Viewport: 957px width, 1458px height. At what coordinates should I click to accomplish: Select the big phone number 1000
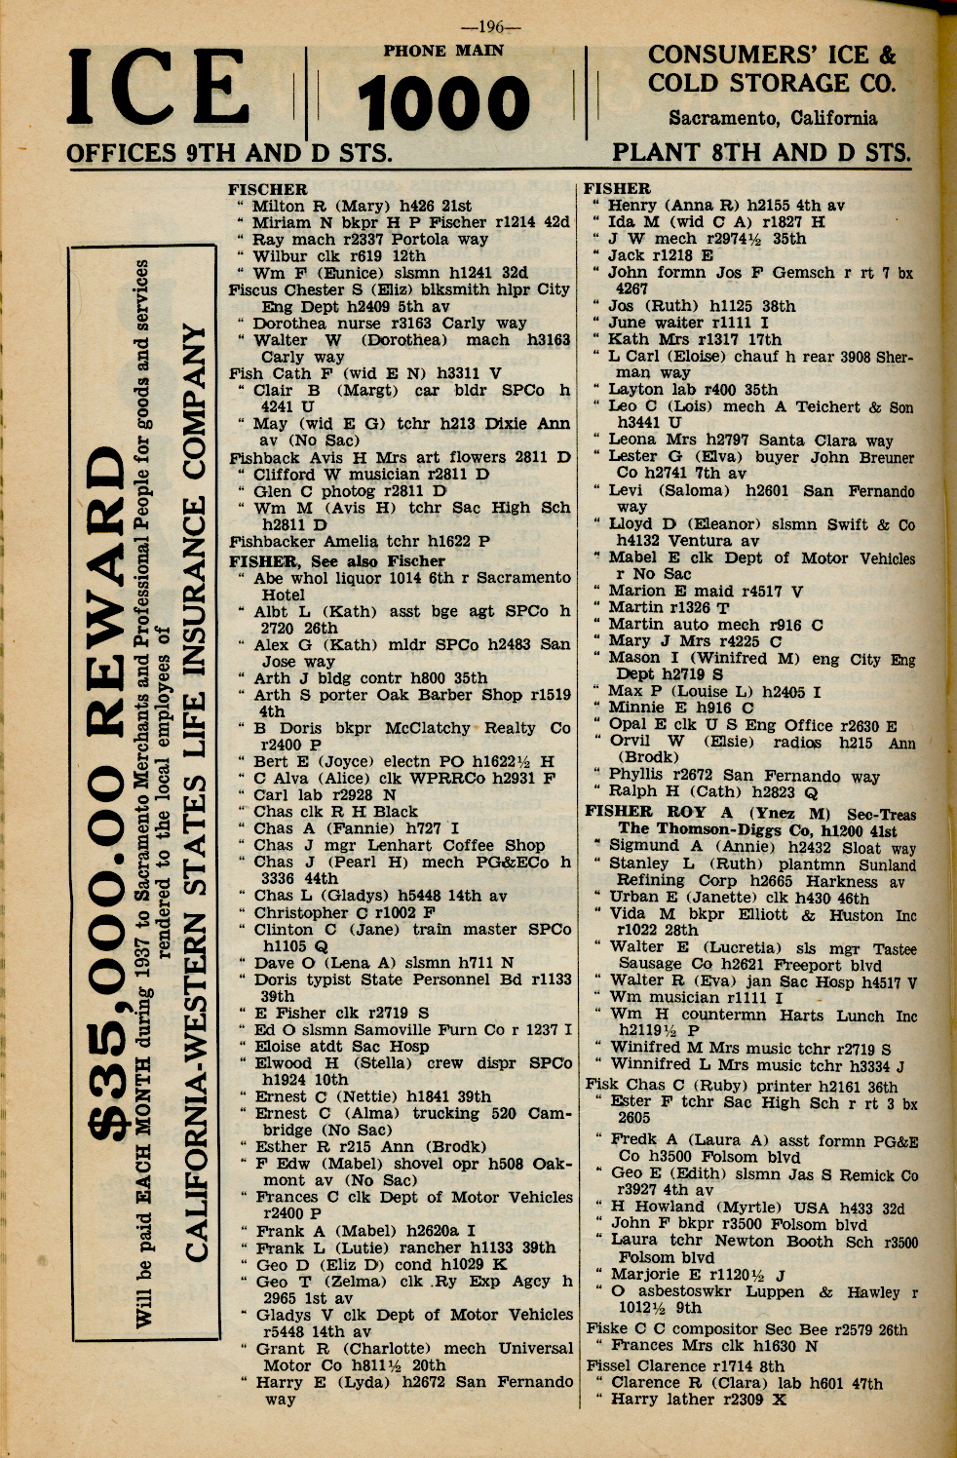coord(443,104)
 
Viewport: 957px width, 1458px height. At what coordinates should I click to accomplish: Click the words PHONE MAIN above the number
coord(443,51)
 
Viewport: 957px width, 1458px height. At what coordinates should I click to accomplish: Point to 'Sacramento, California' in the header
coord(772,119)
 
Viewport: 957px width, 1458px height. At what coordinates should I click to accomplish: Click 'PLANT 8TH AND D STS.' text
coord(761,153)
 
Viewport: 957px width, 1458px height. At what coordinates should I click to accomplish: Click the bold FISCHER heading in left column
coord(267,189)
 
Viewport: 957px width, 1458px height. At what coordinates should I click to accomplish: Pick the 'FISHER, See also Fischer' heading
coord(336,561)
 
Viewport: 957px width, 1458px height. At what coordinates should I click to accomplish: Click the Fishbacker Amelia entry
coord(359,542)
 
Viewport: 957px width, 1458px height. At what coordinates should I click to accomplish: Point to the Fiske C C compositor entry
coord(746,1329)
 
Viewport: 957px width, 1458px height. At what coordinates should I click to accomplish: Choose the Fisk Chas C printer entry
coord(741,1086)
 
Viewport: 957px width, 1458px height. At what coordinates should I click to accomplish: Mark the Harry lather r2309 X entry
coord(698,1400)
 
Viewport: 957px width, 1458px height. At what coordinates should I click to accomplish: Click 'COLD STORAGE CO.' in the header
coord(771,84)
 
